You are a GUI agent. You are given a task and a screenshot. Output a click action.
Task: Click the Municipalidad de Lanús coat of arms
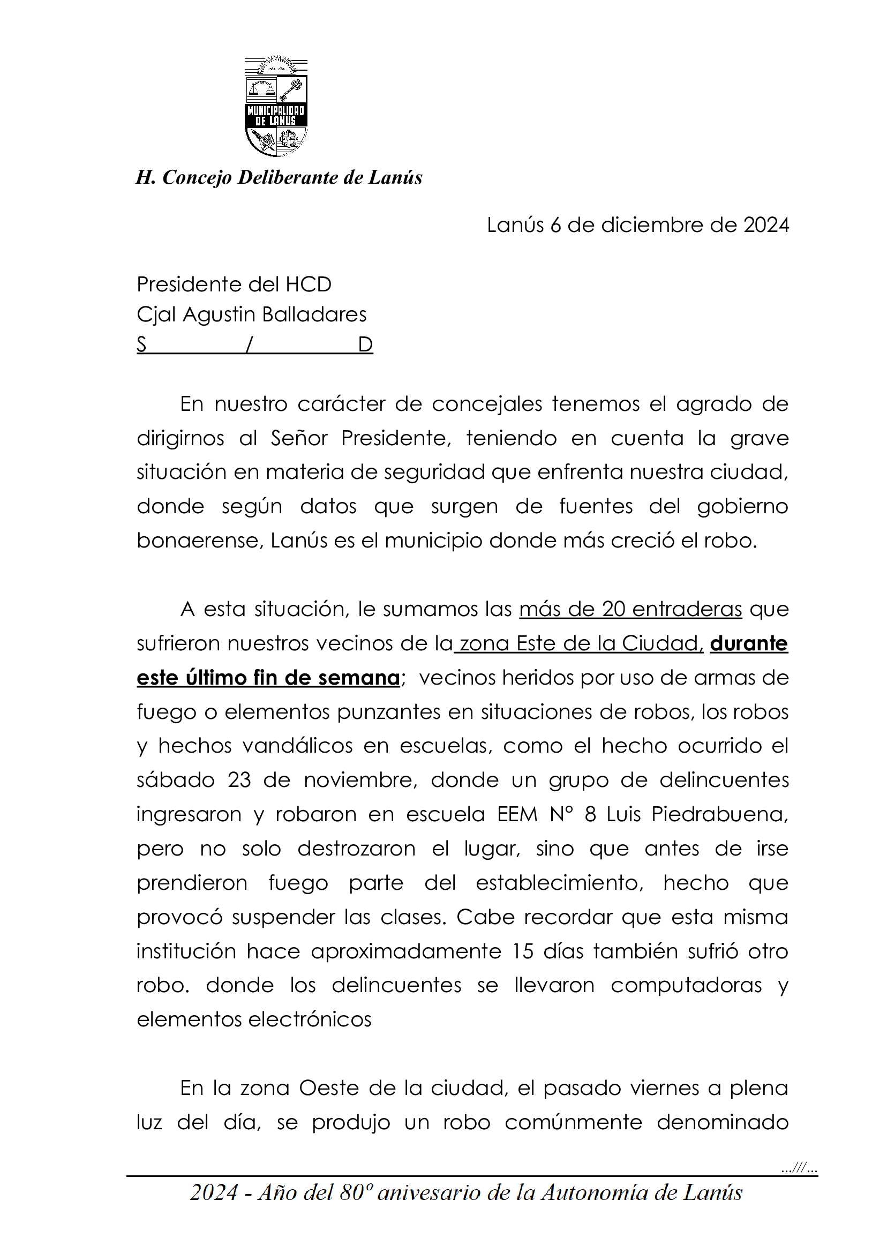tap(276, 106)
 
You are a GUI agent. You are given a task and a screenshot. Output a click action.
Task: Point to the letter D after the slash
tap(365, 344)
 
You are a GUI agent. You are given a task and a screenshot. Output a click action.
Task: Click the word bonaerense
tap(200, 541)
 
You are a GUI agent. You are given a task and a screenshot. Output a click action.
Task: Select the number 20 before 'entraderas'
tap(613, 609)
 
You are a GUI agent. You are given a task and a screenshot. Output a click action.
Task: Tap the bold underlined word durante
tap(748, 643)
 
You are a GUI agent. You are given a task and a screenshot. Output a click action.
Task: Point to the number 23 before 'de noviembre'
tap(239, 780)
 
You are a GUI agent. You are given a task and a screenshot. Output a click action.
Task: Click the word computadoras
tap(686, 985)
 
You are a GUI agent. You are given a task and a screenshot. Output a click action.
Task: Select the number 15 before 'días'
tap(522, 951)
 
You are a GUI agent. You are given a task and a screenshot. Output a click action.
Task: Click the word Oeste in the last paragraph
tap(330, 1088)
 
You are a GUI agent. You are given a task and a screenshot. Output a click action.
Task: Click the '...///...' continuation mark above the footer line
tap(799, 1169)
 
